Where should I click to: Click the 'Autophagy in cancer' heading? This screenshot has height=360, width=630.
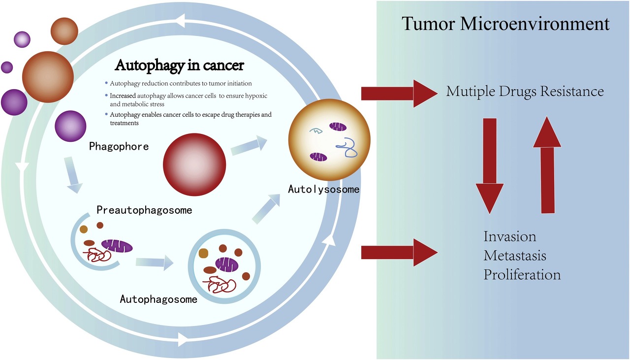179,65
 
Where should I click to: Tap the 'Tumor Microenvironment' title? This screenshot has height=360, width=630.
506,24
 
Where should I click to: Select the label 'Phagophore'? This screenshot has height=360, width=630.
119,147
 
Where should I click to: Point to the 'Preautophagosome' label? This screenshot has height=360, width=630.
144,210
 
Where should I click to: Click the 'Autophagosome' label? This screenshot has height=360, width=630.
158,299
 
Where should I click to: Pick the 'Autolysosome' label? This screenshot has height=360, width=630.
324,189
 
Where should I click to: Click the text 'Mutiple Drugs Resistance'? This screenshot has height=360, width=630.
525,92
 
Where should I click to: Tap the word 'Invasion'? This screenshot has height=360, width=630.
509,236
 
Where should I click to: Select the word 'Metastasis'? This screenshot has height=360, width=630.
515,256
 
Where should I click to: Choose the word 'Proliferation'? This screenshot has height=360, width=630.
522,274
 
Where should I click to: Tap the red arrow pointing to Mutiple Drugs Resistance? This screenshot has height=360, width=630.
399,93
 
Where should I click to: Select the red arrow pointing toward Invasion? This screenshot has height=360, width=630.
399,252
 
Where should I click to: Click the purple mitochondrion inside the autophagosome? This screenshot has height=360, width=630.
226,265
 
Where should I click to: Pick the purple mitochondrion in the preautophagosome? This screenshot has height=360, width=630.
117,245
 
